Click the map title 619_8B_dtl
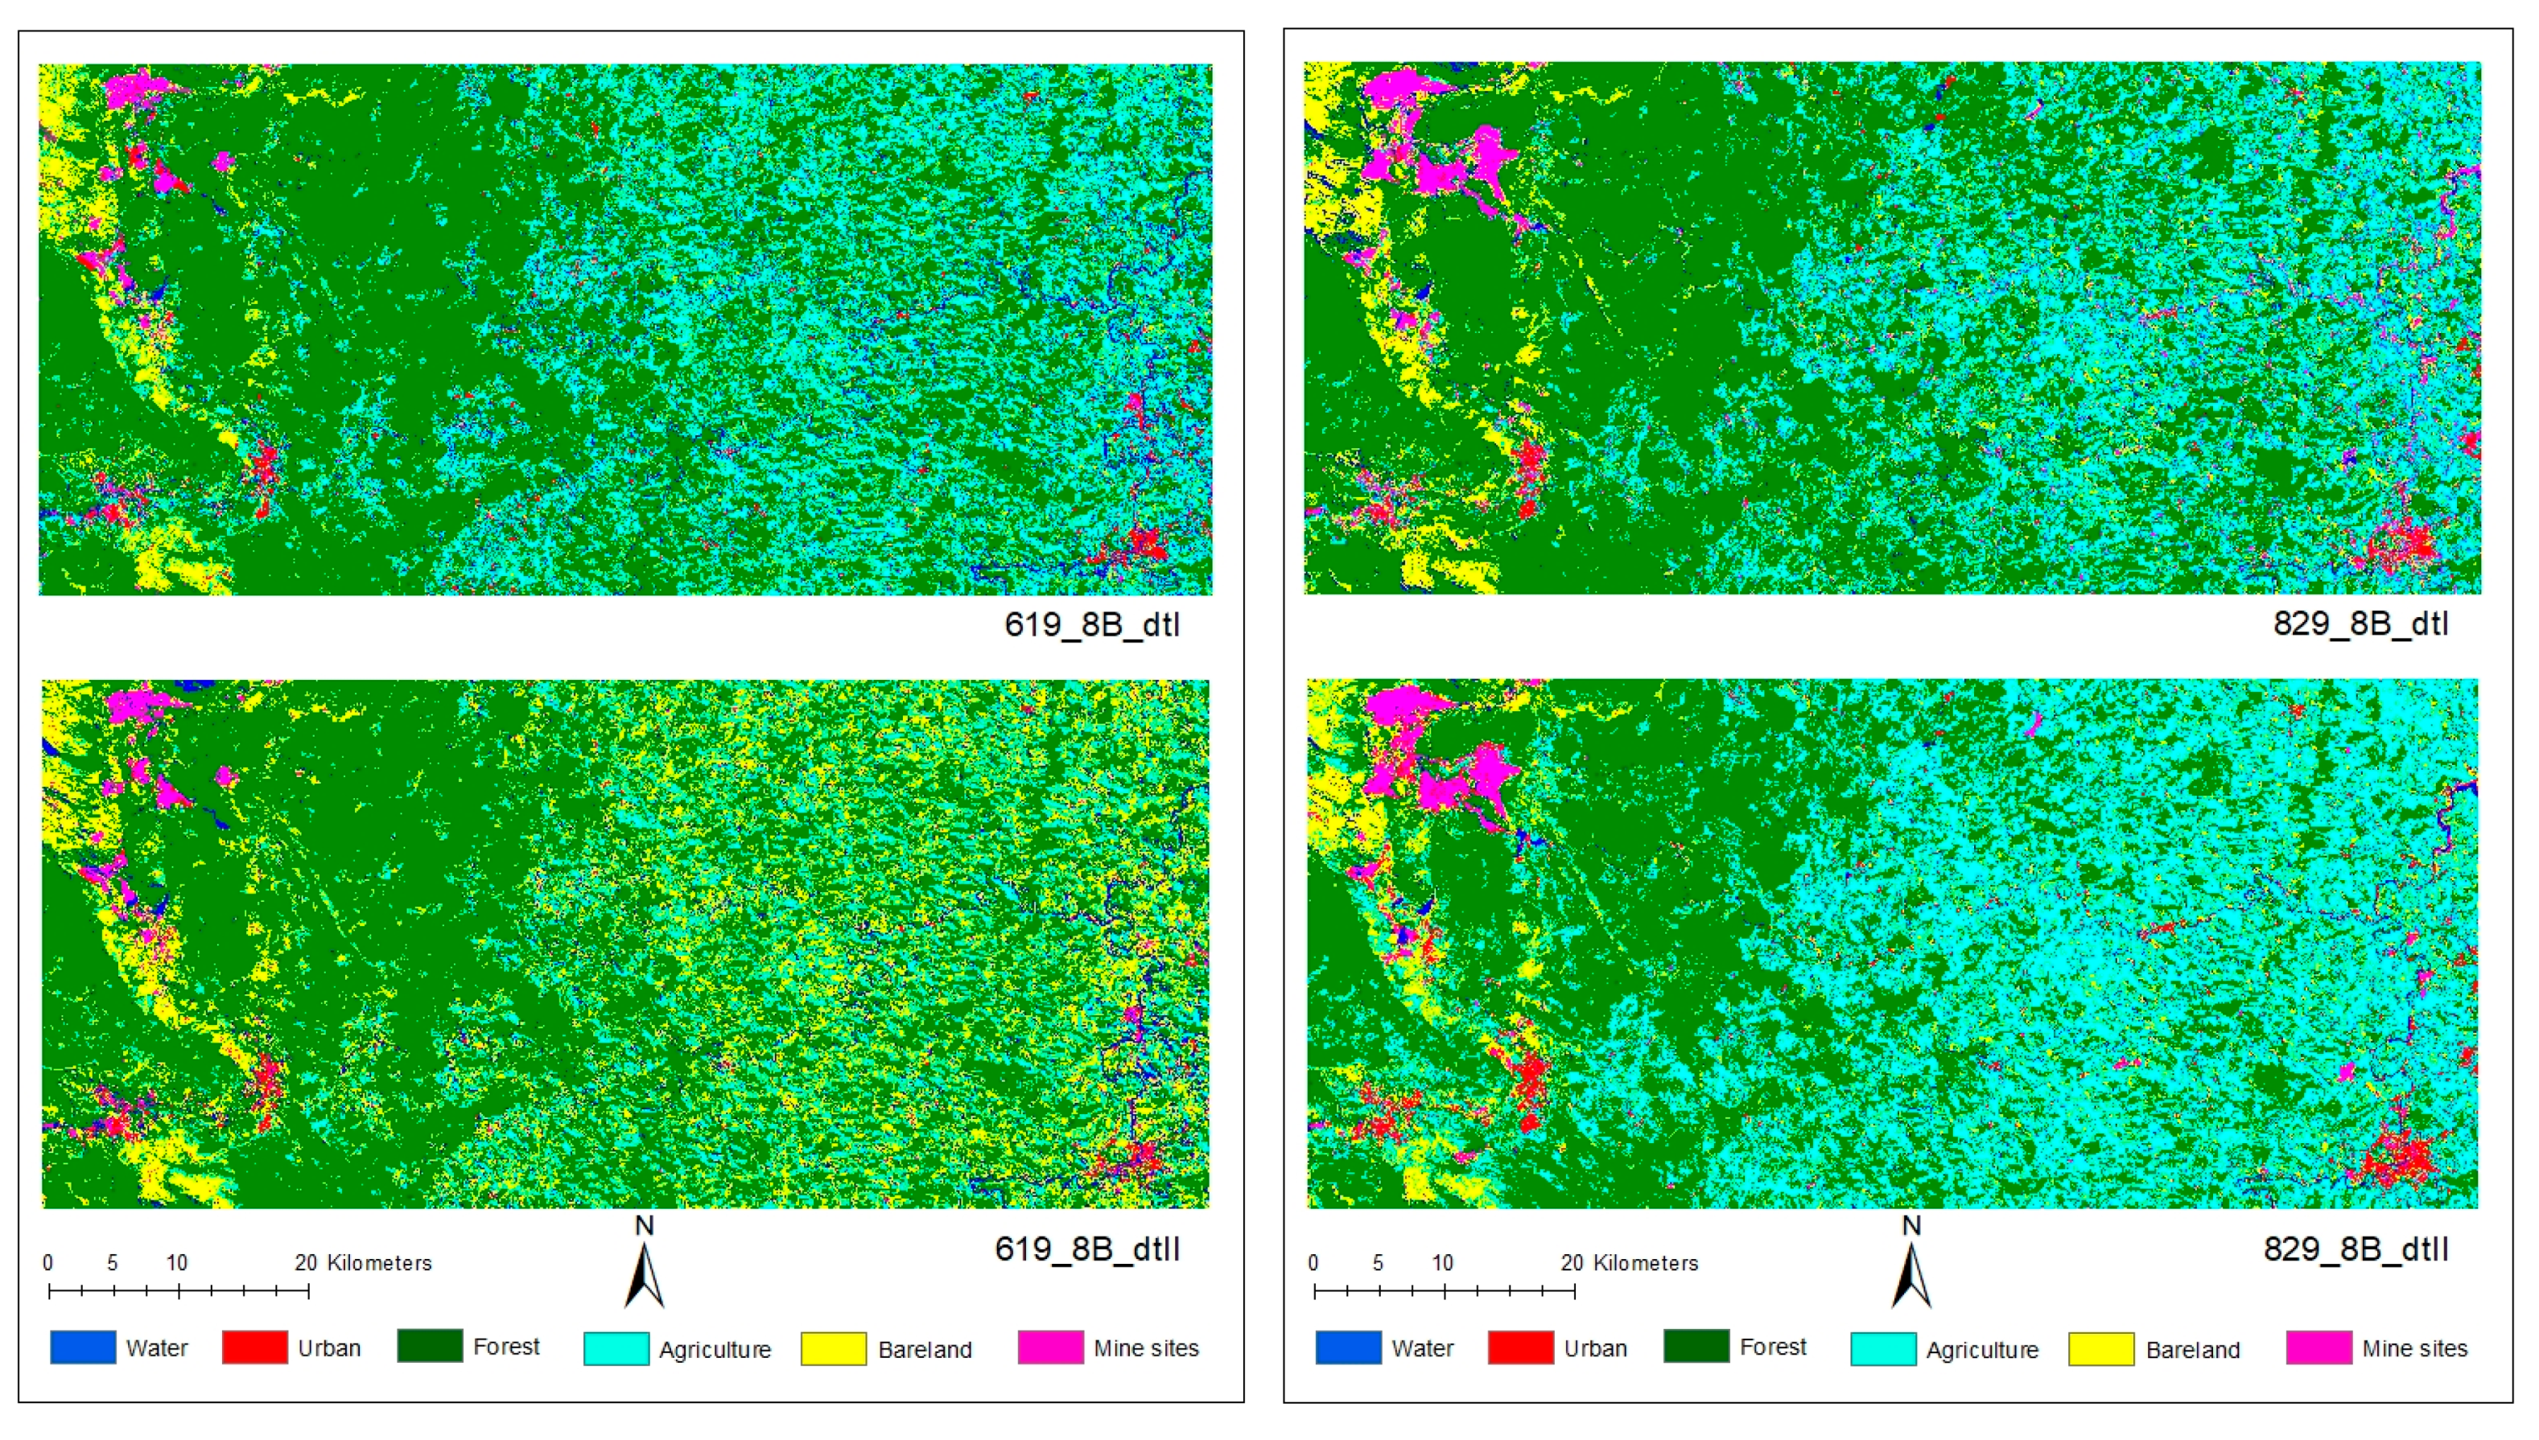(x=1091, y=625)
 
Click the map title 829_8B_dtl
(x=2360, y=624)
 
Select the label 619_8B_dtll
(x=1087, y=1249)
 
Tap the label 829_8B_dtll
(x=2356, y=1249)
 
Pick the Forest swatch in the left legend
(x=429, y=1347)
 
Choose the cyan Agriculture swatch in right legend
(x=1882, y=1349)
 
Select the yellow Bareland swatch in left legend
(x=833, y=1349)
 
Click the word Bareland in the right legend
(x=2192, y=1350)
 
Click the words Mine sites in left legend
(x=1145, y=1348)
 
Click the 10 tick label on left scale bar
(x=176, y=1263)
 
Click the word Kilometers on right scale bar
(x=1646, y=1263)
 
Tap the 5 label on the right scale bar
(x=1377, y=1263)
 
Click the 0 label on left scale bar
(x=47, y=1263)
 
